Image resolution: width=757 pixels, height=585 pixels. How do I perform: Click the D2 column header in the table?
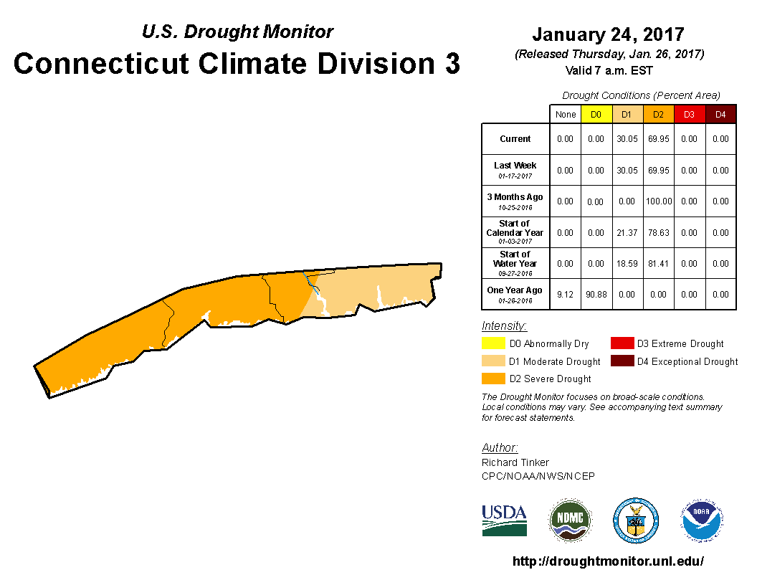click(x=658, y=114)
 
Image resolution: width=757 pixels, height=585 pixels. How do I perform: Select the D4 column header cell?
click(x=720, y=114)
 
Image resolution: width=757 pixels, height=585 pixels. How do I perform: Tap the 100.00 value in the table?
click(x=658, y=201)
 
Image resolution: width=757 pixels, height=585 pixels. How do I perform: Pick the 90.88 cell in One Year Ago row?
click(x=596, y=294)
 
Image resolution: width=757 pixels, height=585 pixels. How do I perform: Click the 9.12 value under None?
click(x=565, y=294)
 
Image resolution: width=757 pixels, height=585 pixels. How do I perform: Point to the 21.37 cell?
click(x=627, y=232)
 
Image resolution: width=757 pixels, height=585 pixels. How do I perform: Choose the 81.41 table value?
click(x=658, y=263)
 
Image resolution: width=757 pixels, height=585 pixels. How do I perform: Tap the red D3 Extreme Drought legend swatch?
click(x=622, y=343)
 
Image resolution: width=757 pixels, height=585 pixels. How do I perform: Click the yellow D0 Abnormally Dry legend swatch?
click(x=494, y=343)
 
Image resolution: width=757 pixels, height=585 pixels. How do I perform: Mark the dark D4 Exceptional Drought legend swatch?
click(x=622, y=361)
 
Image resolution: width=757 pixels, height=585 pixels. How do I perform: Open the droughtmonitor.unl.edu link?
click(x=608, y=561)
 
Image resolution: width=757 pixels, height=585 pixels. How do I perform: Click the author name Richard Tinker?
click(x=515, y=462)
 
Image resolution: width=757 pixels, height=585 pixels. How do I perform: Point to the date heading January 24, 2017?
click(x=608, y=34)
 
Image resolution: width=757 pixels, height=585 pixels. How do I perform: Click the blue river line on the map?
click(x=310, y=282)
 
